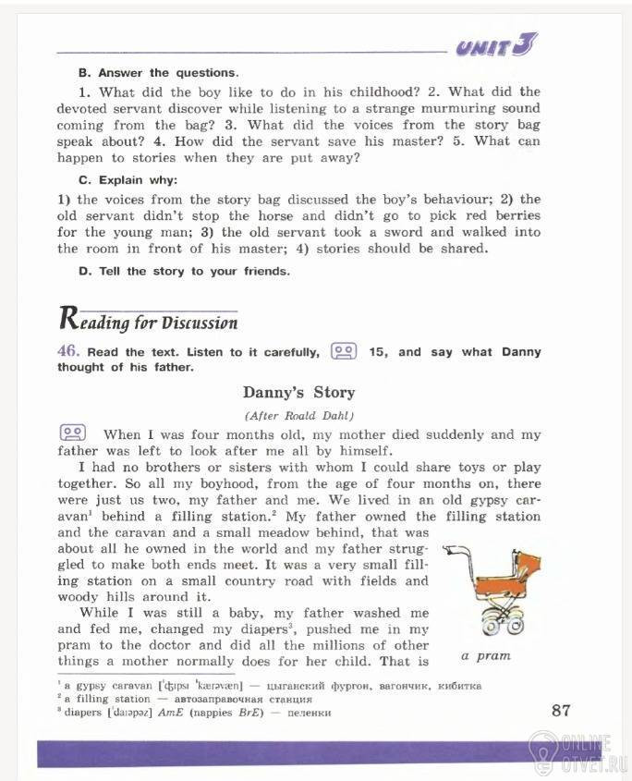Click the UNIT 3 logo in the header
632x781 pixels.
(497, 45)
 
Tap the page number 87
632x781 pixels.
(561, 710)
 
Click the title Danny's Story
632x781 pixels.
(298, 393)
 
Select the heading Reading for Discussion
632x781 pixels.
(148, 321)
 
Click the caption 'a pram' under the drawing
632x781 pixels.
(485, 656)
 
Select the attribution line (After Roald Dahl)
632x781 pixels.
(298, 415)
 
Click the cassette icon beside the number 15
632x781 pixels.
(344, 352)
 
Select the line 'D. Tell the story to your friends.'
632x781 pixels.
(184, 271)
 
